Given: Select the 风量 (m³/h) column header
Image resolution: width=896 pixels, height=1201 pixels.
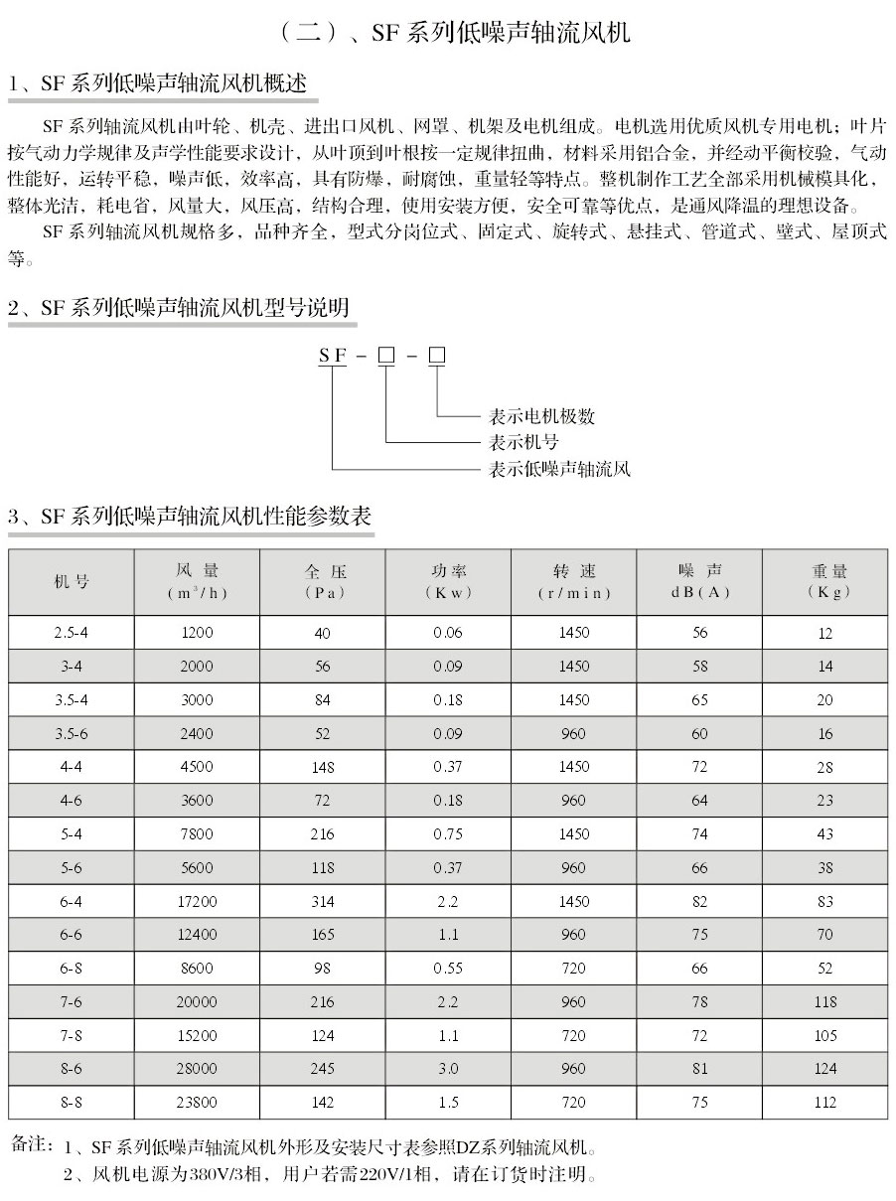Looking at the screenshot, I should point(197,581).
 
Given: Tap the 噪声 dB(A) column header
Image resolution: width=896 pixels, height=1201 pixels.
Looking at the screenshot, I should point(700,581).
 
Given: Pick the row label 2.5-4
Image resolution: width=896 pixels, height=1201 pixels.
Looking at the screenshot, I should point(71,633).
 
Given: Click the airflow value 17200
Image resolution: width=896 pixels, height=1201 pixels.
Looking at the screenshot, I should point(197,901).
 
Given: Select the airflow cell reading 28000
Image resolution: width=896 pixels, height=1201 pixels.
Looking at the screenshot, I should point(197,1069).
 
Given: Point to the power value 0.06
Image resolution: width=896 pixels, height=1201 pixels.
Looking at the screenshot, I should point(448,633).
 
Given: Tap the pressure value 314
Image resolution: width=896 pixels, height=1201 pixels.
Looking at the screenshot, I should point(322,901).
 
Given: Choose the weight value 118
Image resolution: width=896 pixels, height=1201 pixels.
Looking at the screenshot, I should point(825,1001).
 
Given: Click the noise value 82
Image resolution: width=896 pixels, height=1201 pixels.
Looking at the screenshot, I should point(700,901).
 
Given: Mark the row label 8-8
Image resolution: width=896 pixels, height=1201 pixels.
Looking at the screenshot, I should point(71,1102).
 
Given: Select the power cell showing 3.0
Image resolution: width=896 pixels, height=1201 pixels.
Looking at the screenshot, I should point(448,1069).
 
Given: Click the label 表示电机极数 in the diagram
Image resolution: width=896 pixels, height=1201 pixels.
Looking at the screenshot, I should point(541,416).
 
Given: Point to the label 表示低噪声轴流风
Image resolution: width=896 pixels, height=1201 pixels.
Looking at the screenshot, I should point(559,468).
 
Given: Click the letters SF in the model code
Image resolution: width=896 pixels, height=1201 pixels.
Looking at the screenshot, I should point(332,356).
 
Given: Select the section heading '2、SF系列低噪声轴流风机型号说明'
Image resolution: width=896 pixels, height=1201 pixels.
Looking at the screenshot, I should point(179,308).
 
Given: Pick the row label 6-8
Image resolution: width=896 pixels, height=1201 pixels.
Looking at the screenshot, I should point(71,969).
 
